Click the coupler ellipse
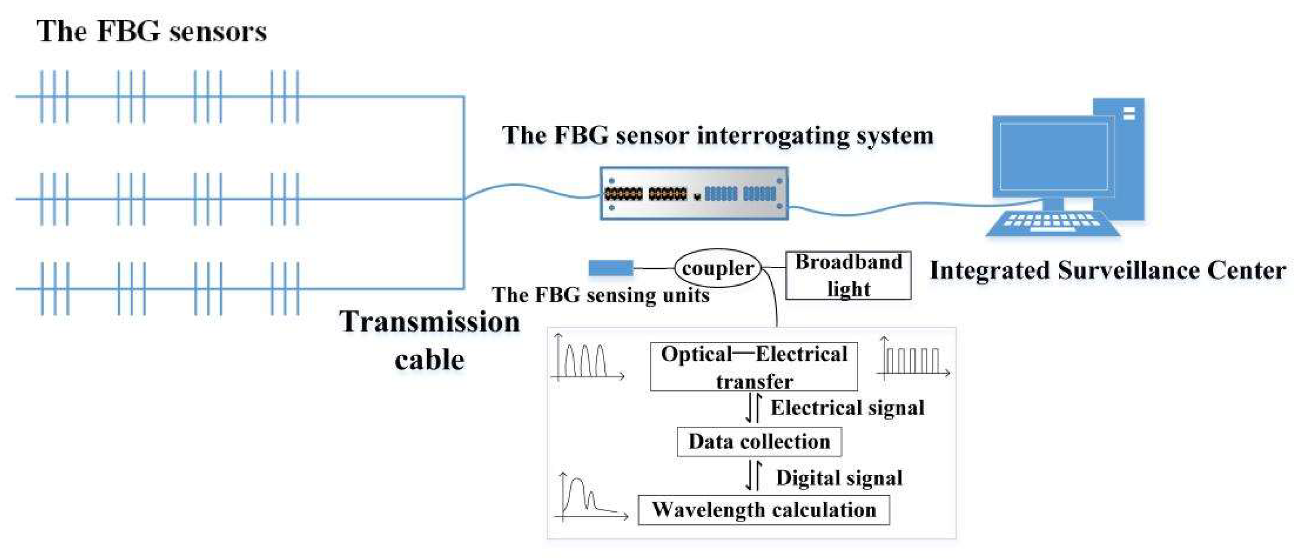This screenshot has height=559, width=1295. (x=717, y=268)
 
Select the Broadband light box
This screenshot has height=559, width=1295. (x=848, y=275)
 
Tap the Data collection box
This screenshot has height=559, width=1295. (x=759, y=441)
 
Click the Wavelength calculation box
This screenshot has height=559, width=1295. (x=764, y=510)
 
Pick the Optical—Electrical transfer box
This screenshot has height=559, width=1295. (x=754, y=367)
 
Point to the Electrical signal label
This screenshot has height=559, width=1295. (x=847, y=407)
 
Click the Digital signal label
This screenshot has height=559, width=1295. (x=839, y=478)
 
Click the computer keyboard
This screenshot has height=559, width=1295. (x=1053, y=223)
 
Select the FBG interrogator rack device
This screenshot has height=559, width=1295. (x=694, y=193)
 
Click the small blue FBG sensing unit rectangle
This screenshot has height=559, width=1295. (x=610, y=268)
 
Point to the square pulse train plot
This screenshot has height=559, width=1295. (x=912, y=360)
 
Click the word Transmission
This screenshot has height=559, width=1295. (x=429, y=322)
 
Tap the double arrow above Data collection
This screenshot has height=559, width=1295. (x=753, y=408)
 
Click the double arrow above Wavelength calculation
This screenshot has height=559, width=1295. (x=753, y=476)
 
